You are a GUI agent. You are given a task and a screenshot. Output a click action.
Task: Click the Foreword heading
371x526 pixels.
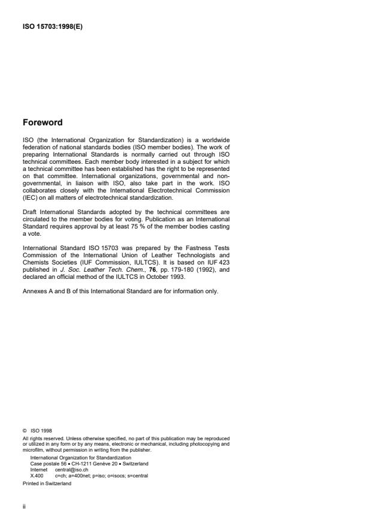coord(42,123)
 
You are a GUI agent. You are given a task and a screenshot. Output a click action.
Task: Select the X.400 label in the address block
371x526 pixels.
coord(37,476)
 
